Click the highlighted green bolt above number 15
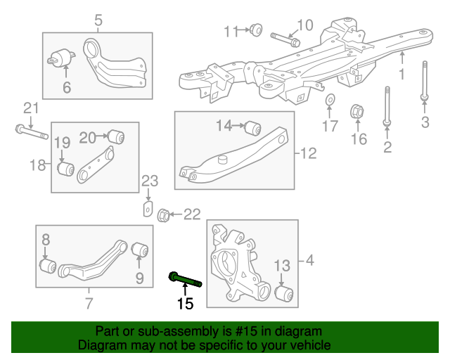click(185, 281)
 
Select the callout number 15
click(184, 304)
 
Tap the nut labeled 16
click(356, 111)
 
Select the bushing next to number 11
click(257, 30)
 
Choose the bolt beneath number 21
click(30, 131)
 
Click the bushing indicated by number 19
click(67, 169)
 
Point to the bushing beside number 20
click(116, 134)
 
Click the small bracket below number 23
click(148, 209)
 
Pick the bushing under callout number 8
click(47, 267)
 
